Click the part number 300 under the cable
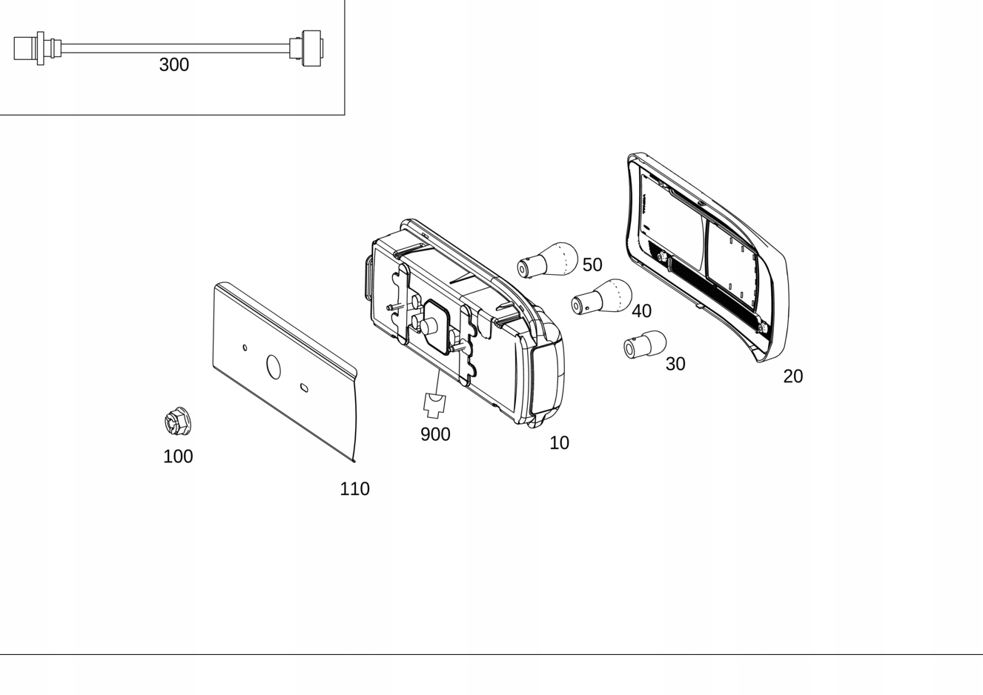tap(174, 65)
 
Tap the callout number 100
tap(178, 456)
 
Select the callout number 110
tap(354, 489)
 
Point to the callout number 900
tap(435, 434)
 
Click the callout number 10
tap(559, 443)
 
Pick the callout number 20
tap(792, 376)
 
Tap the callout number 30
tap(675, 364)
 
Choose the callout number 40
tap(641, 311)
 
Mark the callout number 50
tap(592, 265)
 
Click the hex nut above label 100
tap(178, 422)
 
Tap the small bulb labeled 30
tap(645, 345)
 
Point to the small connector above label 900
tap(434, 405)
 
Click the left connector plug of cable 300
tap(30, 48)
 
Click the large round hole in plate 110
tap(274, 366)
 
